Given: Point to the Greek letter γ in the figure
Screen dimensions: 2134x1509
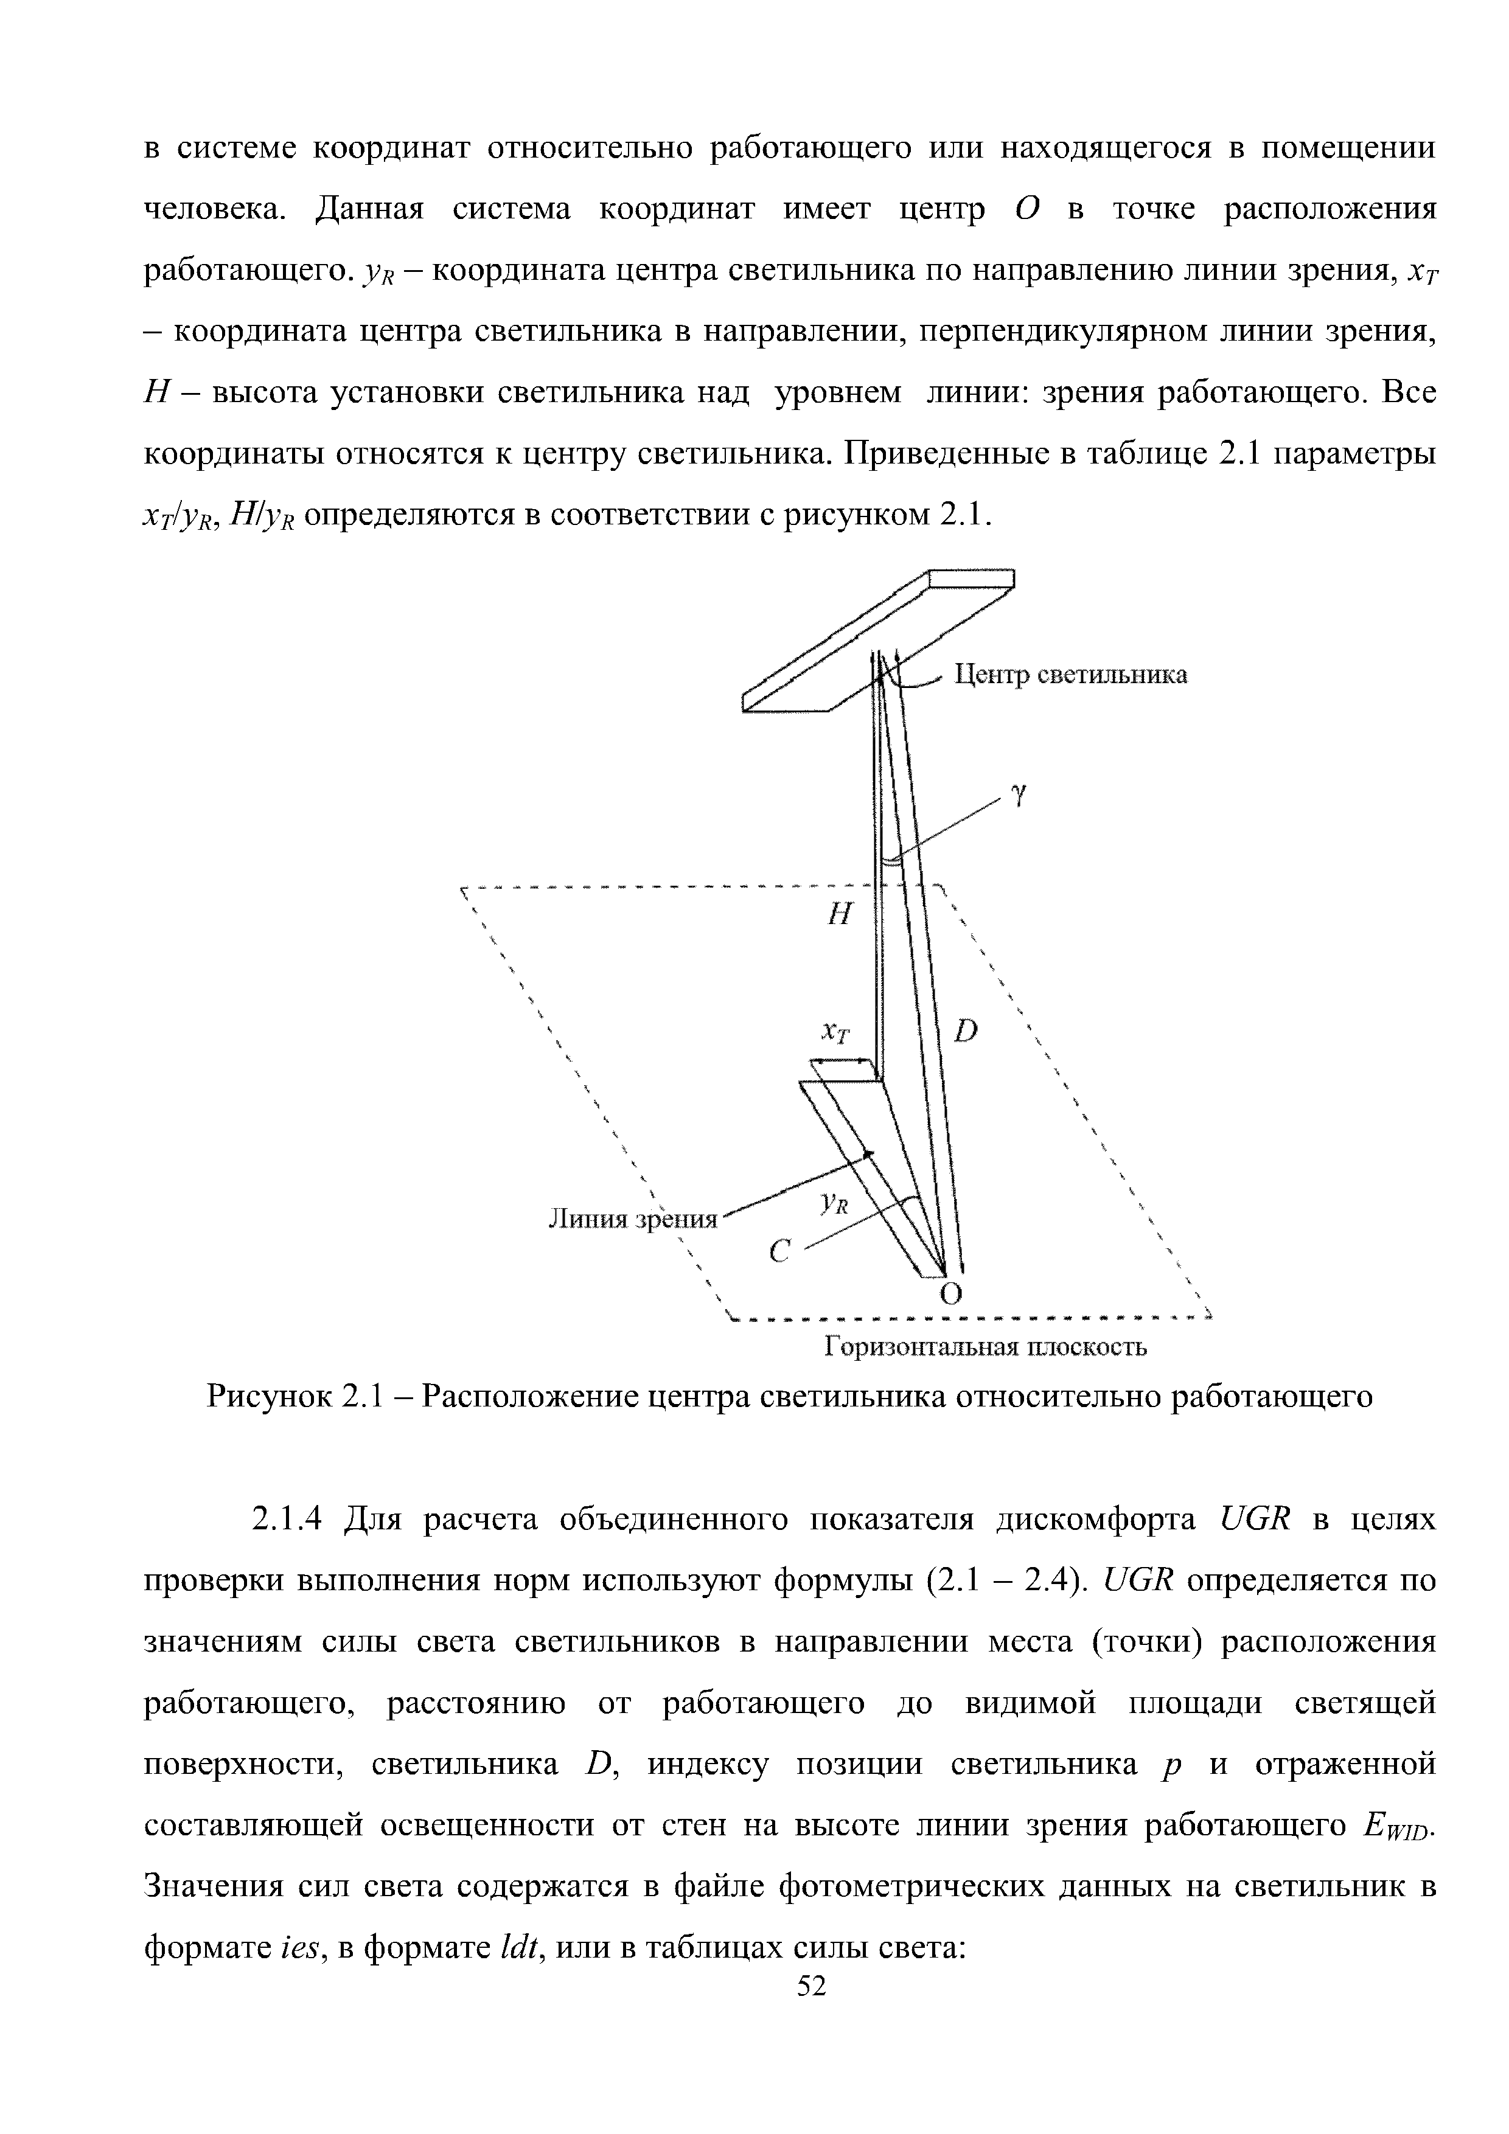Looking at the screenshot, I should point(1019,796).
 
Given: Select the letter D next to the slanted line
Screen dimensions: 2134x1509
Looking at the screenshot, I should point(966,1031).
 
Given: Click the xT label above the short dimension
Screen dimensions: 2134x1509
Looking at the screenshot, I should point(836,1035).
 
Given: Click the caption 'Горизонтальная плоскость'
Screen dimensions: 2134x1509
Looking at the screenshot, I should point(986,1347).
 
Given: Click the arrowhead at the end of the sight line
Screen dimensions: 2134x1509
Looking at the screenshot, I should point(870,1153).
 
